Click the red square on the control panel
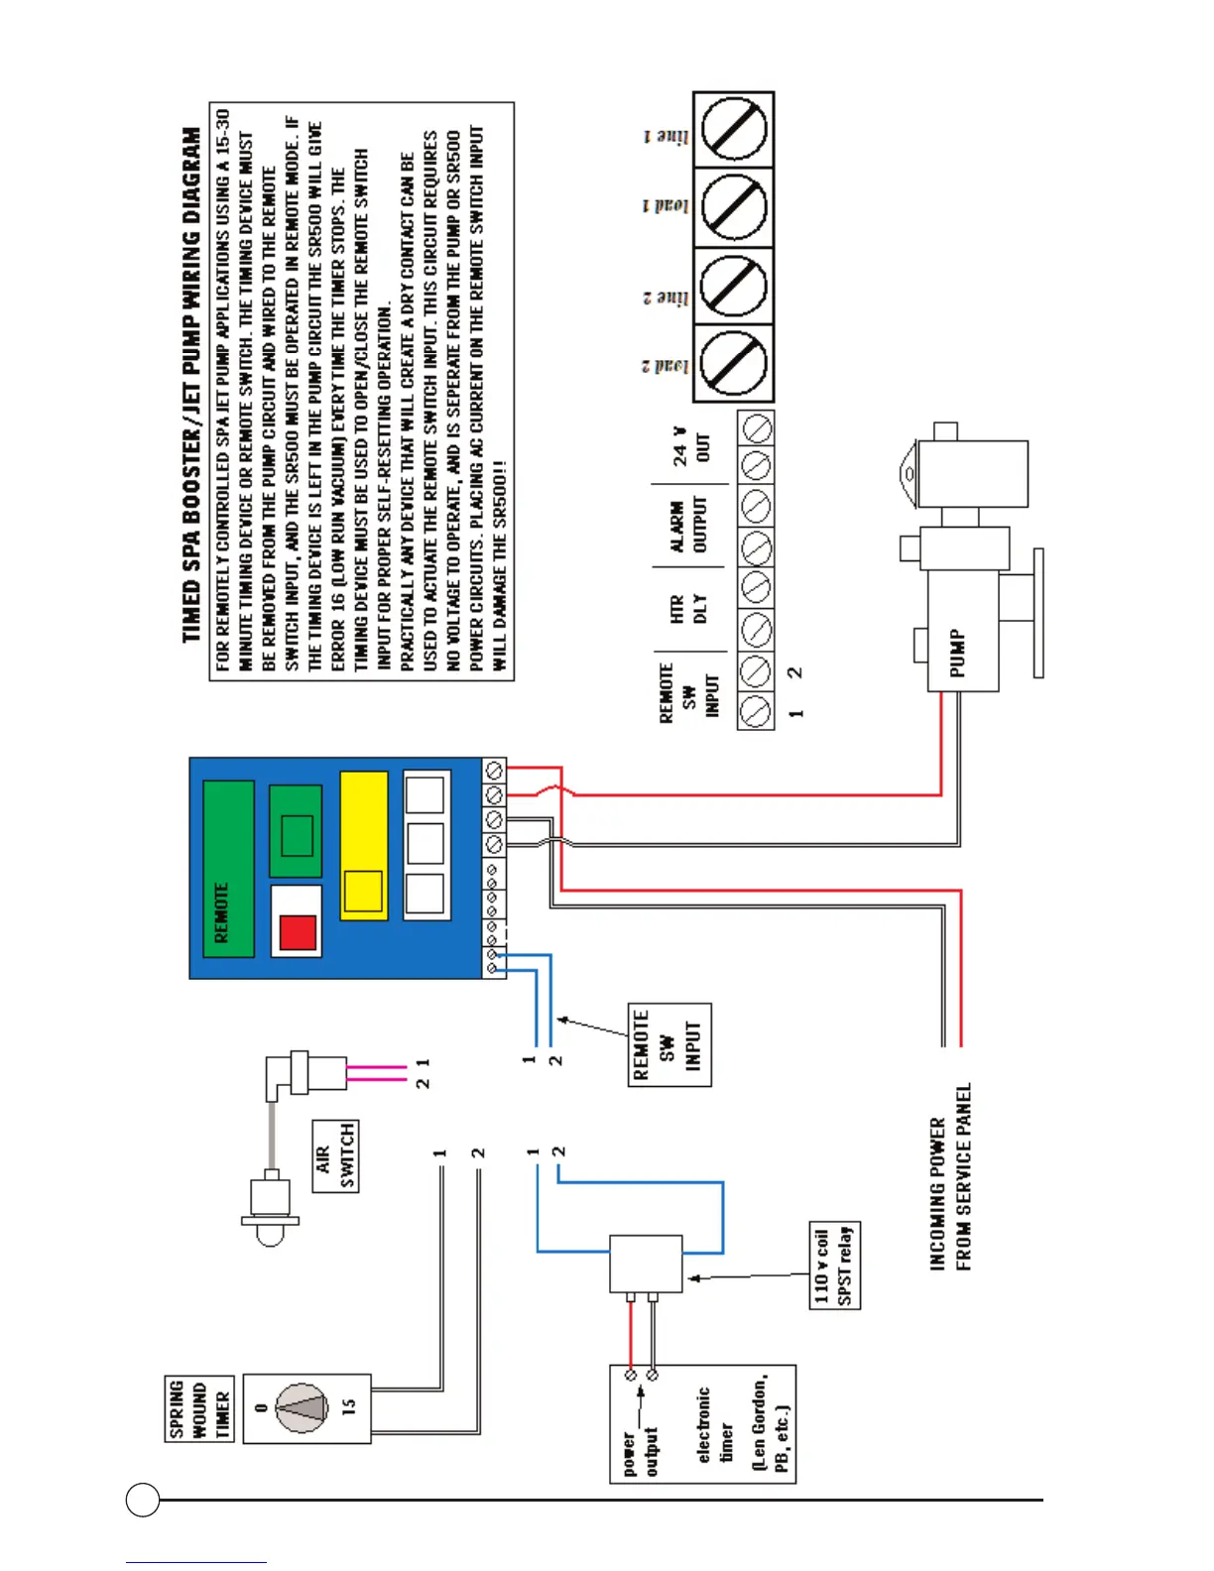coord(298,932)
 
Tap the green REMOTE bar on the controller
coord(228,868)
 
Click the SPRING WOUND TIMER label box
coord(198,1408)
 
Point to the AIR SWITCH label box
coord(335,1156)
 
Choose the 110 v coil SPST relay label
coord(834,1266)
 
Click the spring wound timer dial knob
coord(301,1408)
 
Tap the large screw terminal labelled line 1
coord(734,130)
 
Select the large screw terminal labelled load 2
coord(734,363)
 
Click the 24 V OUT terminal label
coord(691,447)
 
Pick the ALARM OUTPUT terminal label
coord(688,527)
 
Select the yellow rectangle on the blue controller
coord(363,846)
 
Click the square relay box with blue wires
coord(646,1263)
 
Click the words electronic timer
coord(714,1425)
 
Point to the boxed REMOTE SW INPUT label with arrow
coord(669,1044)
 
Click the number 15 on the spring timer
coord(349,1407)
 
